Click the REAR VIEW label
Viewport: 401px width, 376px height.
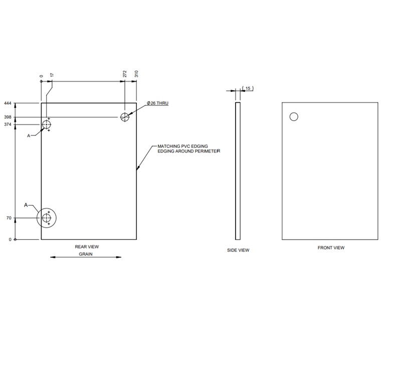(x=86, y=247)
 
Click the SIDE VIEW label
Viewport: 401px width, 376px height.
(x=238, y=250)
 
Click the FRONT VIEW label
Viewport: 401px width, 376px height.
(x=331, y=248)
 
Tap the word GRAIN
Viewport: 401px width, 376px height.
(x=86, y=254)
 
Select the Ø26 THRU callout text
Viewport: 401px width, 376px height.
(x=157, y=103)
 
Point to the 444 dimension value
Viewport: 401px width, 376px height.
(x=8, y=104)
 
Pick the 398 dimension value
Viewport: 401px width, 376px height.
(x=8, y=117)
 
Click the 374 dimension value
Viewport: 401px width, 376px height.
(x=8, y=124)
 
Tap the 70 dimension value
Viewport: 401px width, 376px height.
(x=9, y=218)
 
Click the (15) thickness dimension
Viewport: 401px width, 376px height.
(x=248, y=89)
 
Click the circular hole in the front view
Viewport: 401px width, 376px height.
(x=294, y=117)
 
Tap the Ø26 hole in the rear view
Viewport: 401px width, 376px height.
(x=125, y=117)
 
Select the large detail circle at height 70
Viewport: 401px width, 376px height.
(x=47, y=218)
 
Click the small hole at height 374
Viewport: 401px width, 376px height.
(x=47, y=124)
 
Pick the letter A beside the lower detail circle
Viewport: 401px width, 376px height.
(x=26, y=205)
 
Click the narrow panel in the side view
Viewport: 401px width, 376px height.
(x=238, y=171)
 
